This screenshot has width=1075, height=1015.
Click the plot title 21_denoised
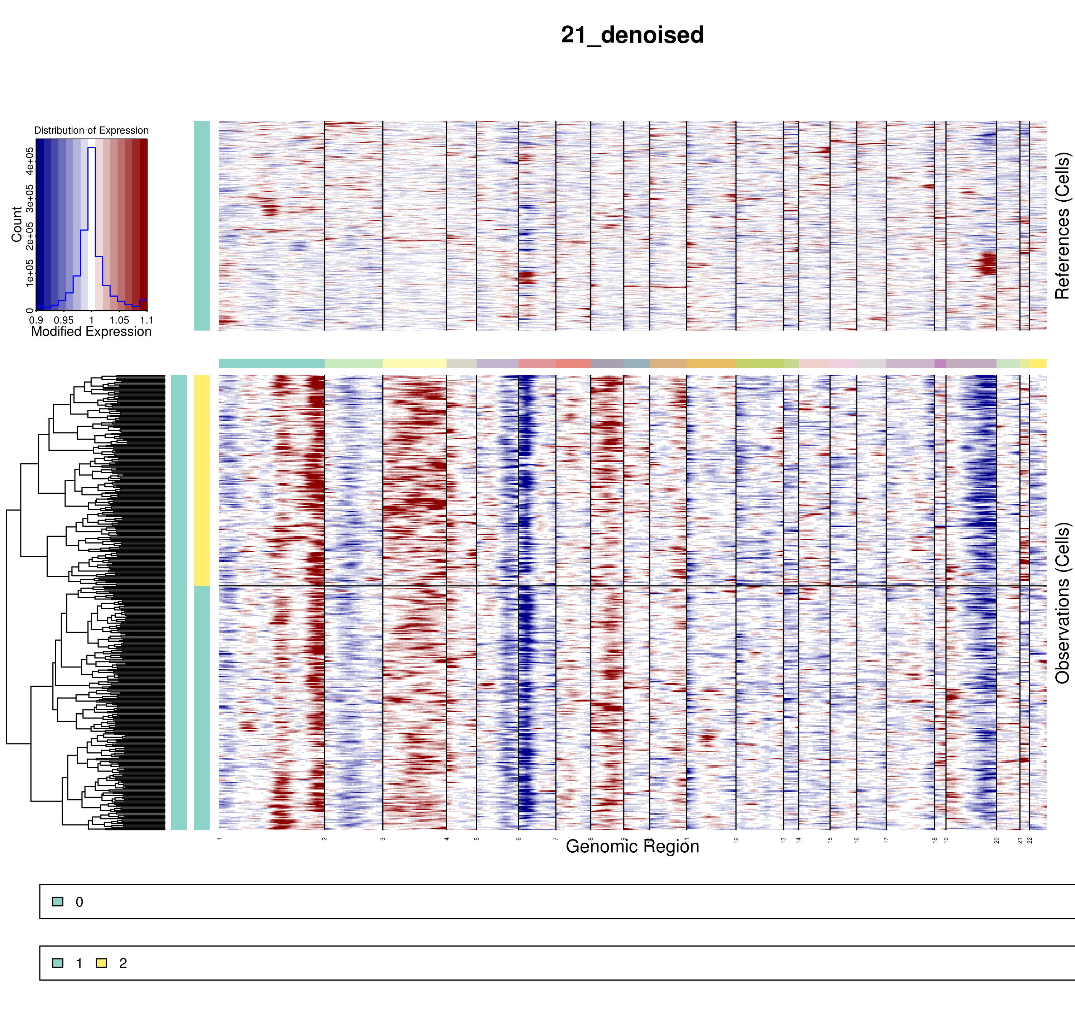pyautogui.click(x=632, y=35)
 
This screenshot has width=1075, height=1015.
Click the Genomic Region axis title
pyautogui.click(x=632, y=847)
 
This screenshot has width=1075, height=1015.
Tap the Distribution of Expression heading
pyautogui.click(x=91, y=130)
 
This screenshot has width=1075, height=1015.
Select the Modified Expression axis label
pyautogui.click(x=91, y=332)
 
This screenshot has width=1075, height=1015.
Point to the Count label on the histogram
pyautogui.click(x=17, y=224)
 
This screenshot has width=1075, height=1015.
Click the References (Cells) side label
pyautogui.click(x=1062, y=226)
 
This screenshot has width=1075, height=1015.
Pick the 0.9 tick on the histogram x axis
pyautogui.click(x=36, y=320)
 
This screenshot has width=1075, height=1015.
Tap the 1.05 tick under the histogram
pyautogui.click(x=119, y=320)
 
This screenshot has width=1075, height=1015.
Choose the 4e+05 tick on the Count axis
pyautogui.click(x=30, y=160)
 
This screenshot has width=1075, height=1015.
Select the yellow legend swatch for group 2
pyautogui.click(x=101, y=963)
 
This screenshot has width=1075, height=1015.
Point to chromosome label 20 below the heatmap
pyautogui.click(x=997, y=840)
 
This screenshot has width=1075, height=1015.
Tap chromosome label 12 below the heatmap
pyautogui.click(x=736, y=840)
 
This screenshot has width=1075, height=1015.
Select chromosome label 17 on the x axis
pyautogui.click(x=886, y=840)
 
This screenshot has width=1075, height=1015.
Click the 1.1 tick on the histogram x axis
pyautogui.click(x=147, y=320)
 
